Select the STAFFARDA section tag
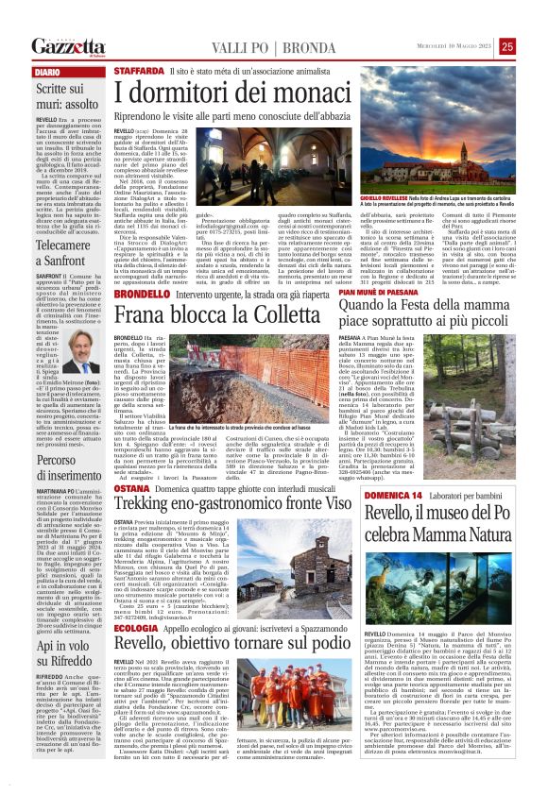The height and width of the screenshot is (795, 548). tap(139, 72)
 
